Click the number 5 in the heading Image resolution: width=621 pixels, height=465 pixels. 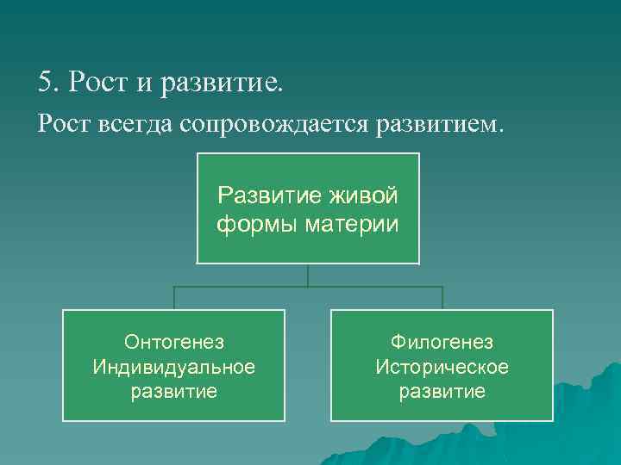click(45, 83)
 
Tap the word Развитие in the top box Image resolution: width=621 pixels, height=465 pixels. click(270, 195)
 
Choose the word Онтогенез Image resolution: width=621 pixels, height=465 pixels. click(174, 343)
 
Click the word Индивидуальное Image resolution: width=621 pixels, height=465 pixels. click(174, 367)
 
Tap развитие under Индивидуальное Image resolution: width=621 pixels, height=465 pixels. click(174, 392)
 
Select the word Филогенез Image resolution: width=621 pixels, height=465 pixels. click(442, 343)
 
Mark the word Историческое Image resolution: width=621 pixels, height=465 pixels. click(442, 367)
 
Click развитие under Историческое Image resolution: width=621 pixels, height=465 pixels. click(442, 392)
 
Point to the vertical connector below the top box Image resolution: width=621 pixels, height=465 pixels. click(309, 275)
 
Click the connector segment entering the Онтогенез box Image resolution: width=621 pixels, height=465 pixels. click(175, 298)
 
